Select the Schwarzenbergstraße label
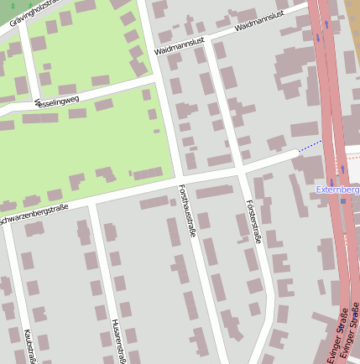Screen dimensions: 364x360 (x=34, y=216)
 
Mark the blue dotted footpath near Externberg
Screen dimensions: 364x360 (x=310, y=146)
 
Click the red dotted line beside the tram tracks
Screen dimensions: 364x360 (x=346, y=157)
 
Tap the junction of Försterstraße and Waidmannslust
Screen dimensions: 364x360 (x=210, y=39)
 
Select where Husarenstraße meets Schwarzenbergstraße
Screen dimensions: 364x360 (x=91, y=201)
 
